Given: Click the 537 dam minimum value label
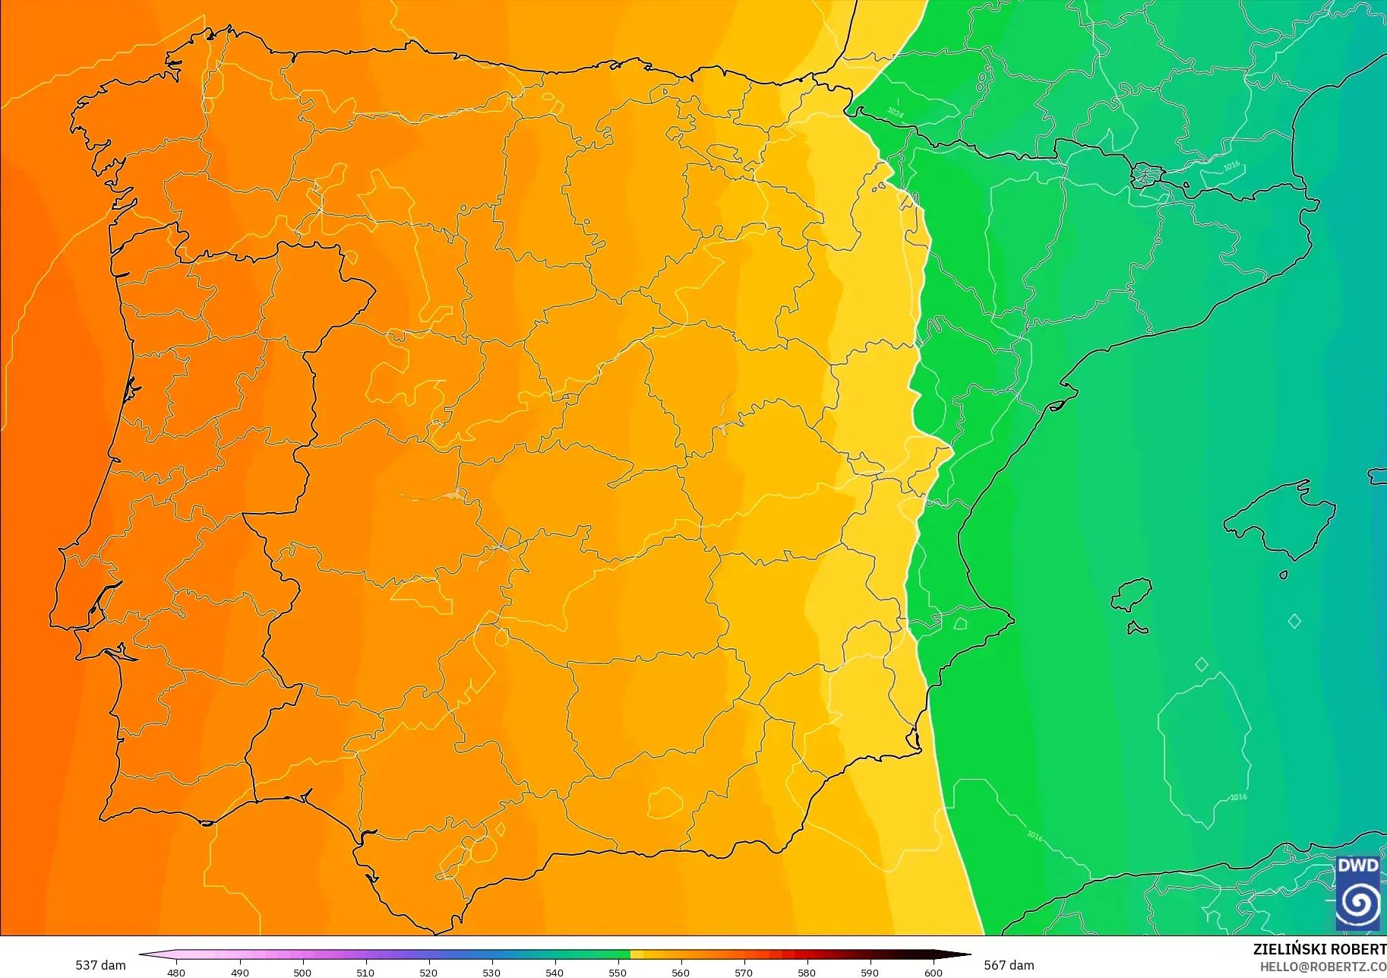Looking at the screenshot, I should click(x=100, y=965).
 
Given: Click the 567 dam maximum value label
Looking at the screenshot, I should click(x=1009, y=965).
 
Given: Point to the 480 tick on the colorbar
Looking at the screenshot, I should click(x=176, y=972).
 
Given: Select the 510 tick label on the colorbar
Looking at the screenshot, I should click(x=365, y=973).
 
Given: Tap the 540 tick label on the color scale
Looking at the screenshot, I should click(x=554, y=973).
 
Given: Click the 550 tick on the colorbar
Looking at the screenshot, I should click(x=618, y=972).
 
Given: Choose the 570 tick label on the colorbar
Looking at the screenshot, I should click(x=744, y=973).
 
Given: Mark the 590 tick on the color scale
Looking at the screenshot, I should click(x=870, y=972).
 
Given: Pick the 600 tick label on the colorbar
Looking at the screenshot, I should click(x=933, y=973).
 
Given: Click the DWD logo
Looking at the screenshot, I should click(x=1357, y=893).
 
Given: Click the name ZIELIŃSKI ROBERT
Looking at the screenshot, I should click(x=1319, y=949).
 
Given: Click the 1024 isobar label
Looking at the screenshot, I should click(x=896, y=112).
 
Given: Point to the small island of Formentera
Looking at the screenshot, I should click(x=1137, y=628).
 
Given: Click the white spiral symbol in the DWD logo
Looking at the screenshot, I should click(x=1357, y=904).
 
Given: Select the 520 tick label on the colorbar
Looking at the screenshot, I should click(x=428, y=973).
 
